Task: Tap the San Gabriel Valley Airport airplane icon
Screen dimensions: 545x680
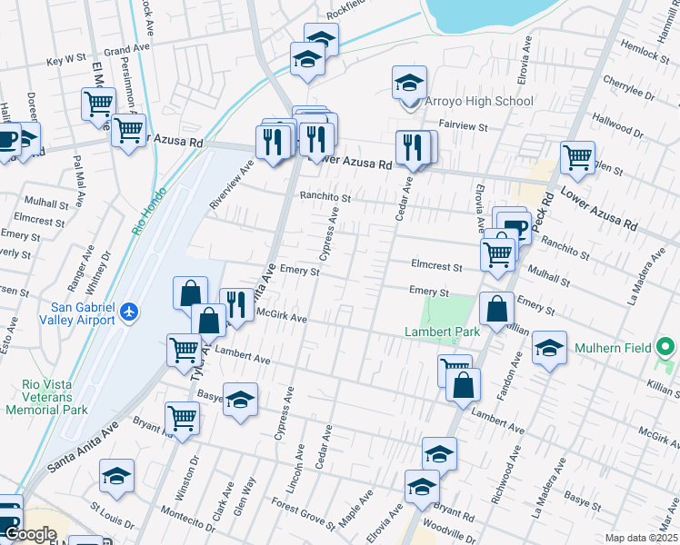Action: pos(129,312)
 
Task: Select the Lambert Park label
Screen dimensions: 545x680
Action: pos(442,332)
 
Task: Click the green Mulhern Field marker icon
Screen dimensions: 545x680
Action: pos(665,346)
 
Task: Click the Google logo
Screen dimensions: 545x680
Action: pos(30,535)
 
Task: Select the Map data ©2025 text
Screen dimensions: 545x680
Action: pos(640,538)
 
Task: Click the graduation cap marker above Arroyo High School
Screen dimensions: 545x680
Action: pos(410,83)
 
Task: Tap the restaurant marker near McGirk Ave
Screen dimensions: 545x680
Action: pos(236,305)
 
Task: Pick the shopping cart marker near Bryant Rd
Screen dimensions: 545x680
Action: pos(182,419)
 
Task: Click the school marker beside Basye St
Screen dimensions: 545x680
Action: pos(240,400)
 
